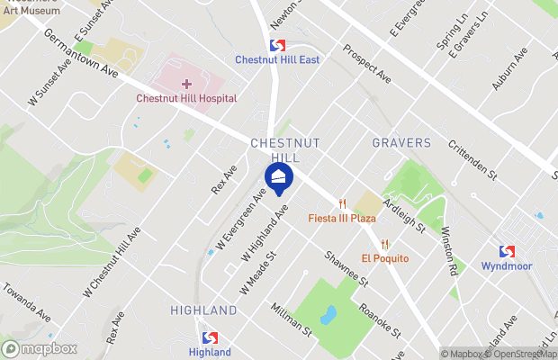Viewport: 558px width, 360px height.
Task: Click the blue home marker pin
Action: [278, 176]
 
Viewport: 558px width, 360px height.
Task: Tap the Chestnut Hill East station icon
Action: [277, 45]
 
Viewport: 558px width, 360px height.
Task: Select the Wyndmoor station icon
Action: [508, 252]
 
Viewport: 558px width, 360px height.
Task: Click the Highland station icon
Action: [210, 337]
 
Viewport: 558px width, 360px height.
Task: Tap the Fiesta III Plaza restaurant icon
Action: [342, 203]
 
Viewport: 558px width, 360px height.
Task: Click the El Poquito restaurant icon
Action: [385, 244]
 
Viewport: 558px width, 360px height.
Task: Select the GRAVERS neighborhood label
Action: [401, 143]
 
